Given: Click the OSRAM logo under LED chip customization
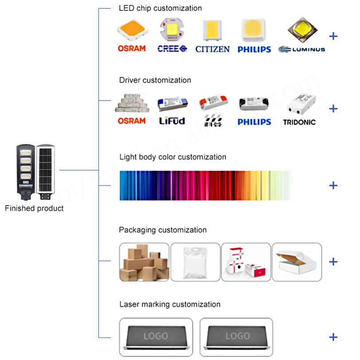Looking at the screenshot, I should pyautogui.click(x=131, y=48).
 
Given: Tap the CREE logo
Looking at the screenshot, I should pyautogui.click(x=172, y=48).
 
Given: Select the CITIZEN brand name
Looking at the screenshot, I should pyautogui.click(x=212, y=49).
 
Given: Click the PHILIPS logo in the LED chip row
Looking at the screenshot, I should pyautogui.click(x=254, y=49).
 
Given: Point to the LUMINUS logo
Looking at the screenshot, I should pyautogui.click(x=302, y=49).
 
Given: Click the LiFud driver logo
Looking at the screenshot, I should pyautogui.click(x=172, y=121).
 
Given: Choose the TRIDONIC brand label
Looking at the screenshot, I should pyautogui.click(x=299, y=121).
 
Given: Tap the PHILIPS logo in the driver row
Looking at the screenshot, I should pyautogui.click(x=254, y=121).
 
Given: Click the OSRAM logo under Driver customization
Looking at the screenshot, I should pyautogui.click(x=131, y=121).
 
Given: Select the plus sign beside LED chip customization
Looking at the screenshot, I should pyautogui.click(x=333, y=36).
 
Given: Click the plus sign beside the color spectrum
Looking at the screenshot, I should pyautogui.click(x=333, y=185).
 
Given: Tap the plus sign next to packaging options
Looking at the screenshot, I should pyautogui.click(x=333, y=262).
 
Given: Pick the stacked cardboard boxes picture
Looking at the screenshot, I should pyautogui.click(x=144, y=262).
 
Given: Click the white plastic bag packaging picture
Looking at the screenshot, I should pyautogui.click(x=195, y=262).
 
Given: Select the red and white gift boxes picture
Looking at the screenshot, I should pyautogui.click(x=246, y=262).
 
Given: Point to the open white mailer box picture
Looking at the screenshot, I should pyautogui.click(x=297, y=262).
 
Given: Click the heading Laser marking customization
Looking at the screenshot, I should pyautogui.click(x=170, y=305).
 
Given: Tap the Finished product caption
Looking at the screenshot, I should pyautogui.click(x=34, y=208).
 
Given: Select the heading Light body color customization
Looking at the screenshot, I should pyautogui.click(x=172, y=157).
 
